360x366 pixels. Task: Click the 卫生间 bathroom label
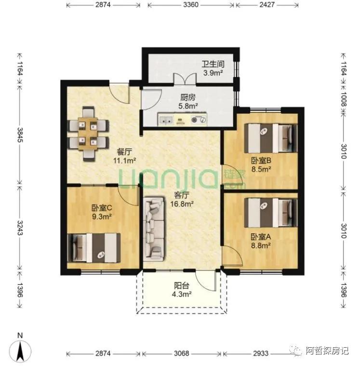[213, 64]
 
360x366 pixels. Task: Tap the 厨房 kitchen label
[188, 97]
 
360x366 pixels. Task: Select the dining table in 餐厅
[88, 134]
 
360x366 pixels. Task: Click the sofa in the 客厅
[154, 229]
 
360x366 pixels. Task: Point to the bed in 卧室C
[94, 248]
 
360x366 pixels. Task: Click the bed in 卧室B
[271, 138]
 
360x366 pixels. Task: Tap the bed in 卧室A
[271, 213]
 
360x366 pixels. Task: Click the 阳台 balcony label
[182, 285]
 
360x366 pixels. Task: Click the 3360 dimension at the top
[191, 5]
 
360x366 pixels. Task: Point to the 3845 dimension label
[20, 135]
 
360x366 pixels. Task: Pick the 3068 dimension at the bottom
[182, 353]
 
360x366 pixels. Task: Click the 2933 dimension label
[261, 353]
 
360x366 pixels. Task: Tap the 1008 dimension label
[343, 99]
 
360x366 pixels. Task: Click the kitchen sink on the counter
[166, 120]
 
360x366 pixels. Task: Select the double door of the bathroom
[185, 79]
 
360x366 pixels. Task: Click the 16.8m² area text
[182, 204]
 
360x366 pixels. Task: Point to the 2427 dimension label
[267, 5]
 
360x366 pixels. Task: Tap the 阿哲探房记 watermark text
[327, 351]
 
